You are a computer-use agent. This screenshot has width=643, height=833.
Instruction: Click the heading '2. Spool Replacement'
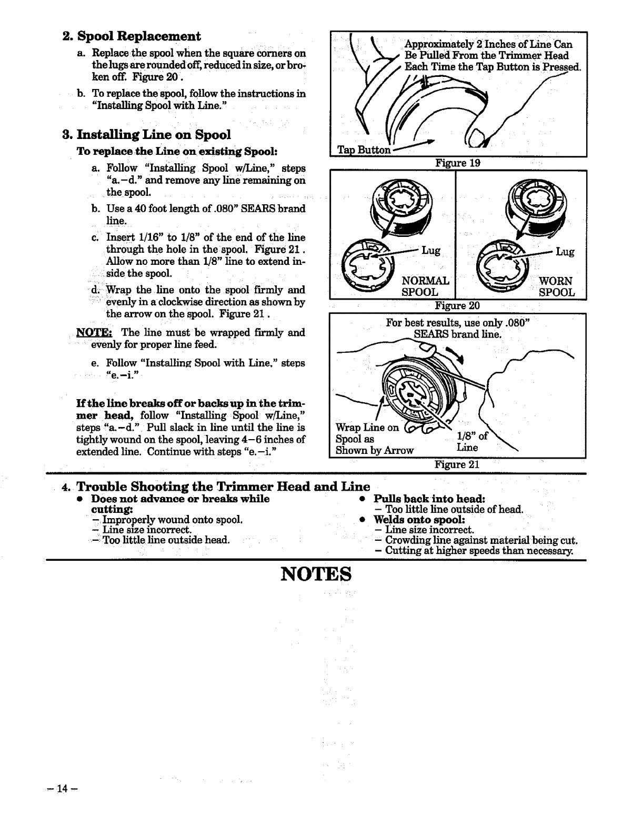(131, 36)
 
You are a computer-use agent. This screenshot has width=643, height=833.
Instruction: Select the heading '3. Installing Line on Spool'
(146, 134)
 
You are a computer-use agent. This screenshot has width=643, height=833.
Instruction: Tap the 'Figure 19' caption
(458, 163)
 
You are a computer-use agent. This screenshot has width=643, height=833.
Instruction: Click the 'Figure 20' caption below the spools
(457, 305)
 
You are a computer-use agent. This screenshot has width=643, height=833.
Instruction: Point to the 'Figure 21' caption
(457, 464)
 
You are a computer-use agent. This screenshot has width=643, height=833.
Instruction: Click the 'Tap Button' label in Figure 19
(364, 150)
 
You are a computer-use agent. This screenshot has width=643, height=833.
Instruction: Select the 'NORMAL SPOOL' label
(425, 286)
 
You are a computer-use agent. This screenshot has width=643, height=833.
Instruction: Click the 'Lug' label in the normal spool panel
(430, 251)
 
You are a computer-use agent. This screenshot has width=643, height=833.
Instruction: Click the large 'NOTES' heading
(316, 573)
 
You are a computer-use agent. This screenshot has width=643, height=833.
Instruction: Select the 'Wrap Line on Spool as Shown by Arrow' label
(374, 439)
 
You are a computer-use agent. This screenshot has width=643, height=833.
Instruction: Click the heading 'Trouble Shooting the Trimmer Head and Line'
(223, 486)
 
